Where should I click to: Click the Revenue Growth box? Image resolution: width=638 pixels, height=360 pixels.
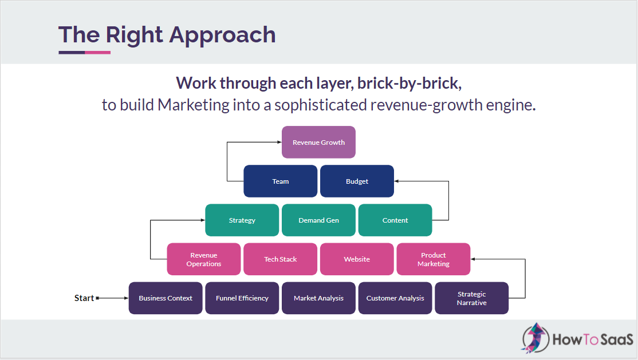tap(318, 142)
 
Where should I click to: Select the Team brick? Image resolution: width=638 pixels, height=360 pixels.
tap(280, 181)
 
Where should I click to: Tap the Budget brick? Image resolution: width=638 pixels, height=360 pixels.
tap(357, 181)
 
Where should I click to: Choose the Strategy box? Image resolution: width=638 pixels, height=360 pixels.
tap(242, 220)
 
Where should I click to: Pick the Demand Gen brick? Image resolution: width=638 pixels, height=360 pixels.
tap(318, 220)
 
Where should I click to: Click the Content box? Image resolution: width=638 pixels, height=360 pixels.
tap(395, 220)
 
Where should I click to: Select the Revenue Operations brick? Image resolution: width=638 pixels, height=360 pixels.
tap(203, 259)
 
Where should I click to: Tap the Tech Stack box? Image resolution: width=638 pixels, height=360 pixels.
tap(280, 259)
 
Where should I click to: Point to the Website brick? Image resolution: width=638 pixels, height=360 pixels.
tap(357, 259)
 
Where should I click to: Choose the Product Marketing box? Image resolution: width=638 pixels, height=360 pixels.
tap(433, 259)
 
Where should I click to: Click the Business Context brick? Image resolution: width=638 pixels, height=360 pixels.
tap(166, 298)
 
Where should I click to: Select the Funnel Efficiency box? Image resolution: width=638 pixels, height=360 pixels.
tap(242, 298)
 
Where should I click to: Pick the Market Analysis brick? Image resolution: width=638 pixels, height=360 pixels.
tap(318, 298)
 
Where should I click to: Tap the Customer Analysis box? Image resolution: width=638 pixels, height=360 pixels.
tap(395, 298)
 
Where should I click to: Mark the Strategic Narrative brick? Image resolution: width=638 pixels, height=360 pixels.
tap(471, 298)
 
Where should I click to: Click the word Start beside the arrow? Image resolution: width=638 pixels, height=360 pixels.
tap(84, 298)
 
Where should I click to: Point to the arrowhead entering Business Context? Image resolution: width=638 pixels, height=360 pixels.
tap(125, 298)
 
